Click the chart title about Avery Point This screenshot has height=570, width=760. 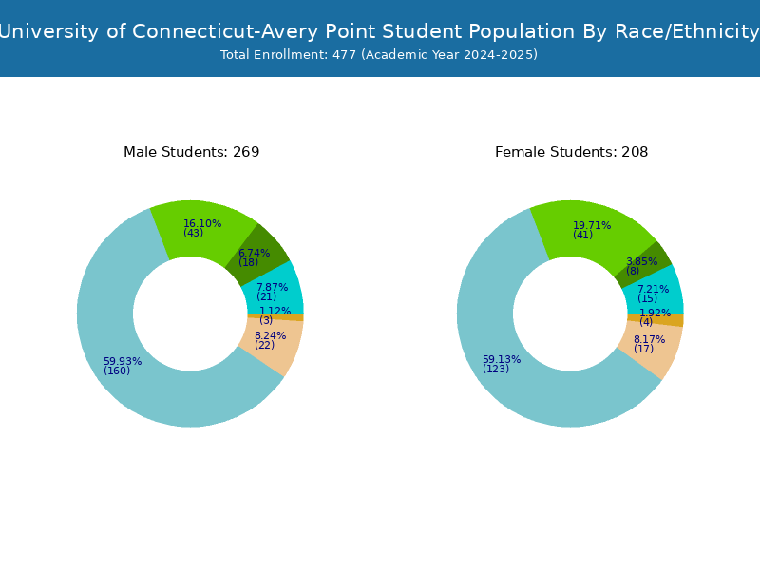coord(380,31)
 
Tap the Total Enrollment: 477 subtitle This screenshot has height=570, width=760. coord(379,55)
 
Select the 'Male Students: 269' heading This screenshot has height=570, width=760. coord(191,152)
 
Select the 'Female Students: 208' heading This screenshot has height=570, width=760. coord(571,152)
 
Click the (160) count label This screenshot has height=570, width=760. coord(117,371)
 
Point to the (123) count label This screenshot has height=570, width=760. coord(496,370)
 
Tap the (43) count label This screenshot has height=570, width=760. coord(193,234)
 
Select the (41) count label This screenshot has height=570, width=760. coord(582,236)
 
